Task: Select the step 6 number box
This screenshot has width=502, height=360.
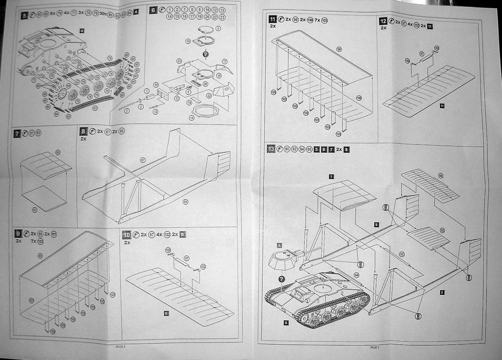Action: [x=153, y=10]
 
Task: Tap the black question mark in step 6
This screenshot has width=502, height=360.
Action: [x=205, y=54]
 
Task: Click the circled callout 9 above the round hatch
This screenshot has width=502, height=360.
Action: [x=218, y=28]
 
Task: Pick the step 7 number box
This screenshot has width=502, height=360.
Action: [x=18, y=133]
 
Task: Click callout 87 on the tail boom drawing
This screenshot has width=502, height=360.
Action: [x=143, y=160]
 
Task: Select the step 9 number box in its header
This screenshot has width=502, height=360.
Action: [x=18, y=234]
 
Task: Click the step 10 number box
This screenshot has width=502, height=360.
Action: [x=126, y=234]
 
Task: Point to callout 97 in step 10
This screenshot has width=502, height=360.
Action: [x=186, y=258]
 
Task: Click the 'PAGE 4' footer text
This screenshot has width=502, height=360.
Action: [x=121, y=347]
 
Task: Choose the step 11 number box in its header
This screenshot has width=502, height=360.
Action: [x=272, y=20]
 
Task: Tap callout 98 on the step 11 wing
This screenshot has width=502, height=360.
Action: [x=339, y=50]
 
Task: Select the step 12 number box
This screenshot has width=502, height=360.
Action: [x=383, y=21]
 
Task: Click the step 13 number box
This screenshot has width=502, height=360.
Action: [x=271, y=149]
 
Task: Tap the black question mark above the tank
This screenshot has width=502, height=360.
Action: [x=281, y=279]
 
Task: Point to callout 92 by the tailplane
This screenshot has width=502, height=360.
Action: [x=442, y=230]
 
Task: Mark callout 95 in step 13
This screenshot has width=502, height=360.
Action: [x=402, y=254]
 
